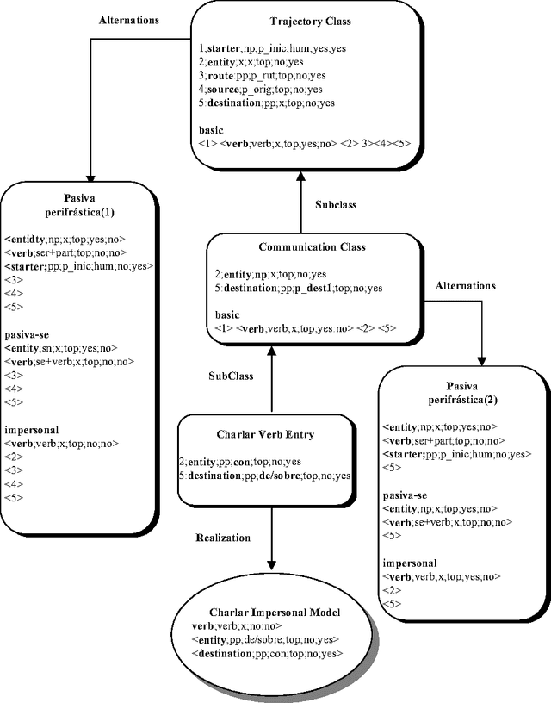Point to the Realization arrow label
(x=222, y=538)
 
